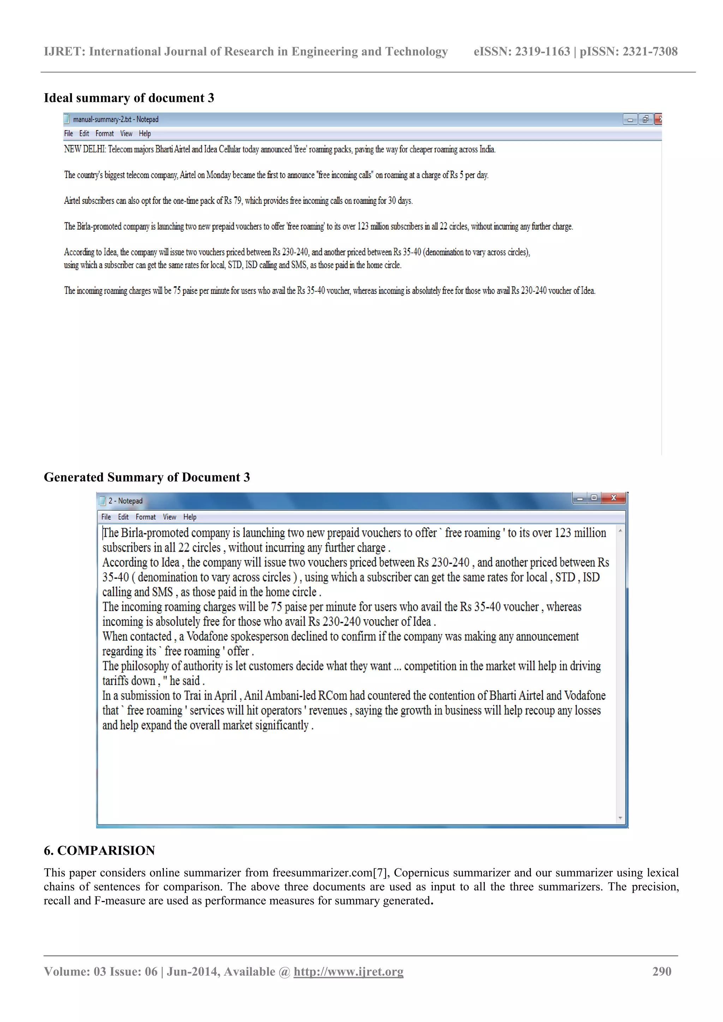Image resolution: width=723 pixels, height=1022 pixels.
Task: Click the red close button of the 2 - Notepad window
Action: [614, 498]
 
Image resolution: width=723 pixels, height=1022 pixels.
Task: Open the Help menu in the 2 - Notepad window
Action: [190, 517]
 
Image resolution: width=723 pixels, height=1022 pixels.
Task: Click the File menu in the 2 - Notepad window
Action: [106, 517]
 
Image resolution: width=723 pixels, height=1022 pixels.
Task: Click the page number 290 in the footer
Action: [662, 971]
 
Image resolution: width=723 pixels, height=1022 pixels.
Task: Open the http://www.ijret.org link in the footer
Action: [348, 971]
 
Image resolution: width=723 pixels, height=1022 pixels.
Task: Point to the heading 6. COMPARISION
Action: [99, 850]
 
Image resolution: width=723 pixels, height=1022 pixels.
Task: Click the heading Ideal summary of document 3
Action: [129, 98]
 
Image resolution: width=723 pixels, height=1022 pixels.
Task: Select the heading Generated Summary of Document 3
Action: [147, 477]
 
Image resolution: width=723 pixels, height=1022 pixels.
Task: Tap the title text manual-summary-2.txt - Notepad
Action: [115, 119]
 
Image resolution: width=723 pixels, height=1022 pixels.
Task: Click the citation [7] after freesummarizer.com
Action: [381, 872]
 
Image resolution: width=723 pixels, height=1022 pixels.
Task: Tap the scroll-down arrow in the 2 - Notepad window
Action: [620, 818]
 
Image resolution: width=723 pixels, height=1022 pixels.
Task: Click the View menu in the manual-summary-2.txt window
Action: [126, 134]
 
